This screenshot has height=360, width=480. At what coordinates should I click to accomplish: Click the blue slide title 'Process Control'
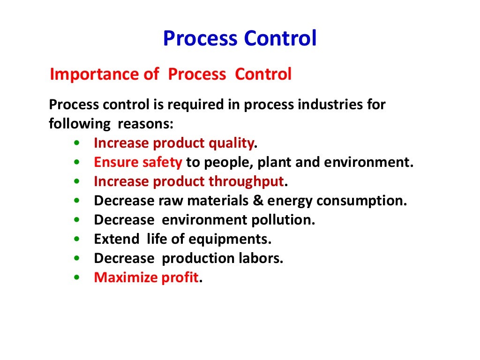tap(240, 39)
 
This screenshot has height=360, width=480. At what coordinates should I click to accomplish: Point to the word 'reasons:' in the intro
tap(145, 124)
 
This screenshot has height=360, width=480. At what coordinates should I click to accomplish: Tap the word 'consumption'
tap(360, 201)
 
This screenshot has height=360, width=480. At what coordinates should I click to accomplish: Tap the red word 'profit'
tap(180, 278)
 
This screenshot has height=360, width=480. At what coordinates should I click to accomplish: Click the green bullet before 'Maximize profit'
tap(76, 278)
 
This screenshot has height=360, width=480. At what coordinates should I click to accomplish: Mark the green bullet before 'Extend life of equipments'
tap(76, 240)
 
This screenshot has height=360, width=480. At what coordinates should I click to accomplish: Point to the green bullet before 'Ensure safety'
tap(76, 163)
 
